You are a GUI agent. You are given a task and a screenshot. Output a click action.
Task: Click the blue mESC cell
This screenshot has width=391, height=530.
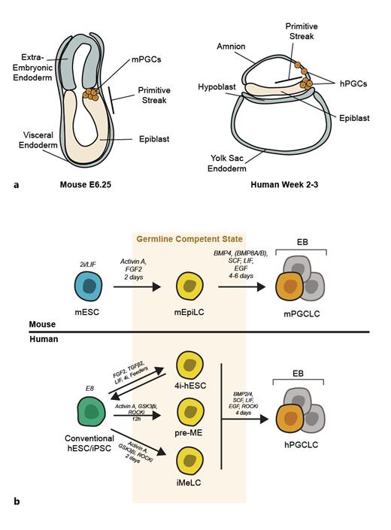click(x=47, y=288)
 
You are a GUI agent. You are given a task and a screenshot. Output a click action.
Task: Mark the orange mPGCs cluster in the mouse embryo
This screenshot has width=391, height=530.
click(x=93, y=95)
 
